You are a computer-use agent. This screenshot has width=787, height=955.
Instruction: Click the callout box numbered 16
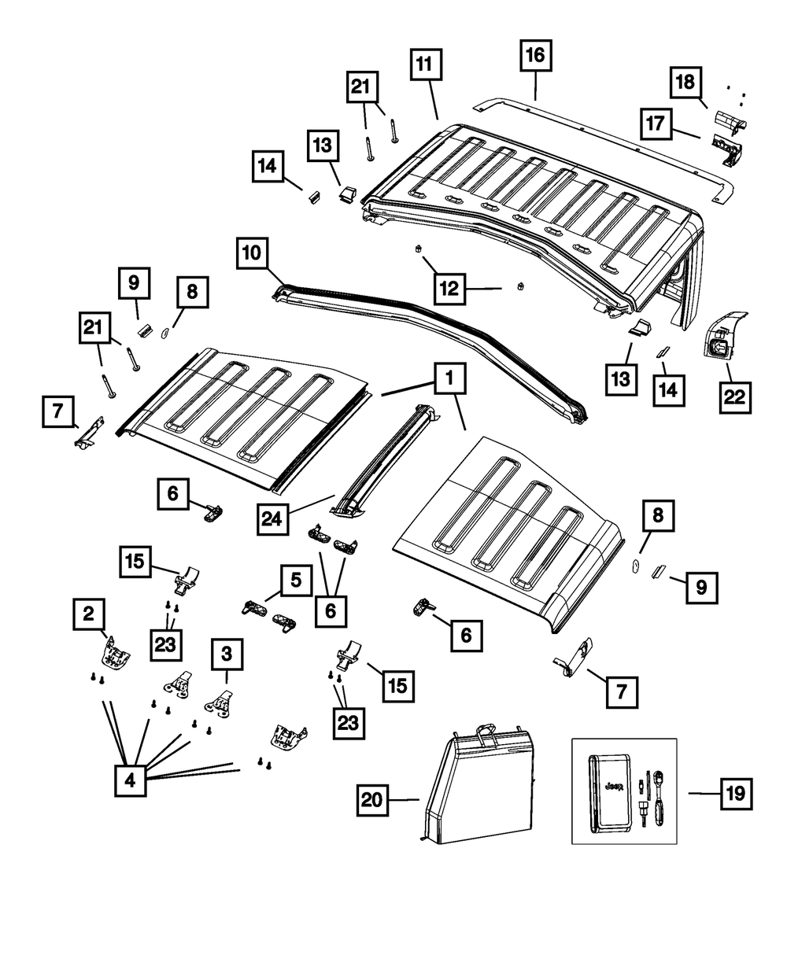[x=535, y=58]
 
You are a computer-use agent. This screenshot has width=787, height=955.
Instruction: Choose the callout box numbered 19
[x=735, y=794]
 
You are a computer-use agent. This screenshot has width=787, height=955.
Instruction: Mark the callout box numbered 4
[x=130, y=781]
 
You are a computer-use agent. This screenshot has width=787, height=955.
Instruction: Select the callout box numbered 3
[x=227, y=654]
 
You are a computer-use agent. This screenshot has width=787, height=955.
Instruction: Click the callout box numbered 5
[x=296, y=581]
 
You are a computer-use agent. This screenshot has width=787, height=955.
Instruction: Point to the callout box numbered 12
[x=451, y=289]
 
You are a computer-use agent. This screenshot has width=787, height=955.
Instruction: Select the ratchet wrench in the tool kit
[x=652, y=797]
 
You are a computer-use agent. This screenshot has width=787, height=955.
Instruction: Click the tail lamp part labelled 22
[x=722, y=340]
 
